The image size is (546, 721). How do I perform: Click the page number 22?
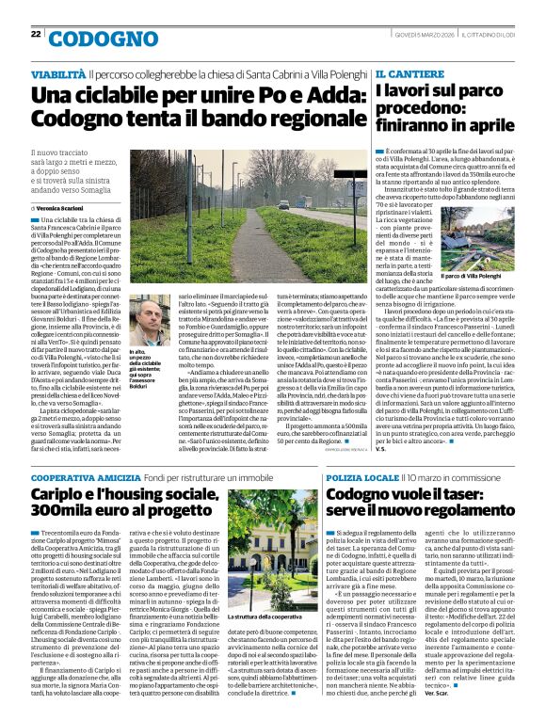(36, 34)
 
